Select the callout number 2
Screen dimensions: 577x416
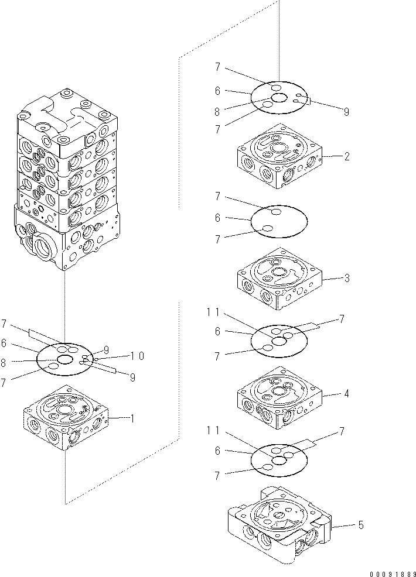[x=347, y=156]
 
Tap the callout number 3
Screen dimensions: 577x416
[x=347, y=278]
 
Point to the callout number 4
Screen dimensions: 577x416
[x=347, y=394]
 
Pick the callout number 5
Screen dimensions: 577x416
[x=361, y=525]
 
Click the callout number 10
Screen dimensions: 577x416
[x=138, y=355]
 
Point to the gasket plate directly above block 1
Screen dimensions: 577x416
[x=65, y=359]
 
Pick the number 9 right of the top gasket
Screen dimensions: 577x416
[x=346, y=111]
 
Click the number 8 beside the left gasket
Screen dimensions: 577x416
[x=4, y=363]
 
